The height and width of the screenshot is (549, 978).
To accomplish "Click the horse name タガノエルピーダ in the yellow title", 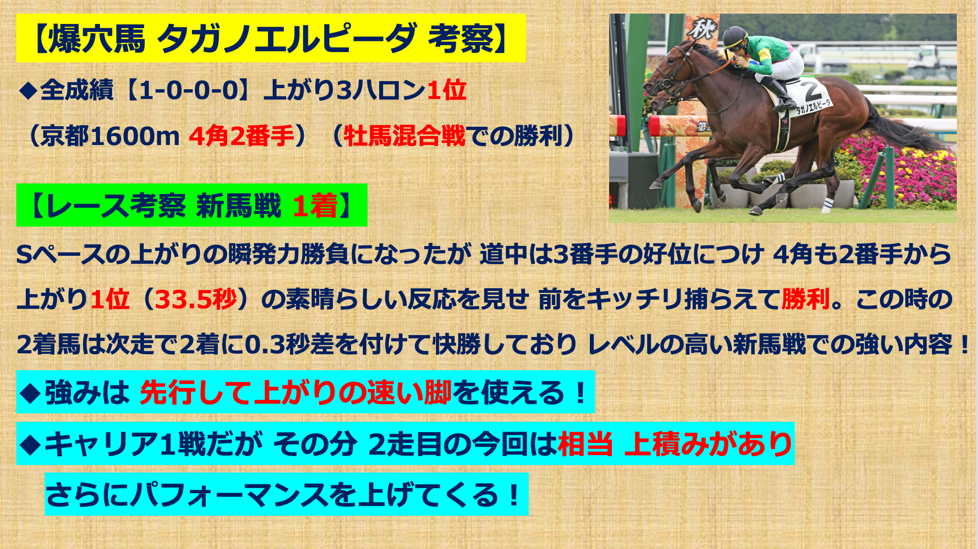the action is click(286, 38).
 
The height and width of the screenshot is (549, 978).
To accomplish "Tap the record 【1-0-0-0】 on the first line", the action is click(191, 90).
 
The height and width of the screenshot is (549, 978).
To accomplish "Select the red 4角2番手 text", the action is click(242, 136).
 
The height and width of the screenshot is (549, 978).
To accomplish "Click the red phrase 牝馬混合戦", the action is click(405, 136).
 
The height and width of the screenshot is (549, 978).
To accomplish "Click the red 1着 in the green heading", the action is click(315, 206).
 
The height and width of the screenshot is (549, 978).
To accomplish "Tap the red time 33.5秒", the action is click(196, 299).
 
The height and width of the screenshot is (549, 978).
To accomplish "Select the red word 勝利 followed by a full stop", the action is click(805, 299).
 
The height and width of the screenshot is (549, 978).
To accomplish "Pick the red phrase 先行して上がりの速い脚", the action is click(296, 392).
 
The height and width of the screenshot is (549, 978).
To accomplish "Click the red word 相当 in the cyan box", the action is click(585, 444).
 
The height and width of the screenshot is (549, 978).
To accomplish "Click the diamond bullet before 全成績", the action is click(28, 91).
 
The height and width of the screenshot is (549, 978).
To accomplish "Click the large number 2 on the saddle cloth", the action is click(811, 90).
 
